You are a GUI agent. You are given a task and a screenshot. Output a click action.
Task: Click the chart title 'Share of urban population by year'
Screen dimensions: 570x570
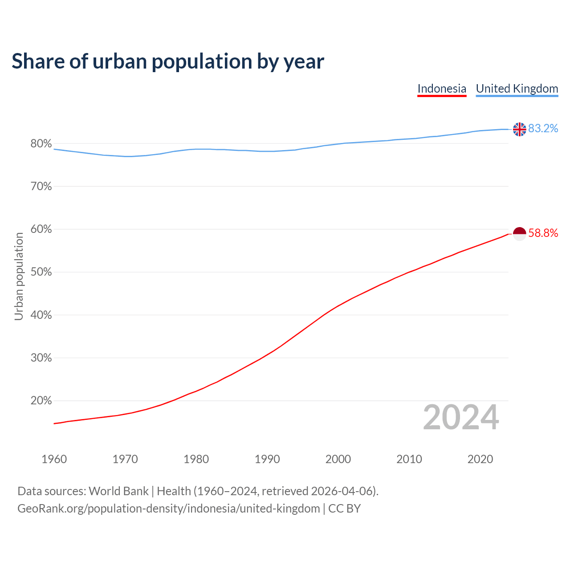[x=167, y=61]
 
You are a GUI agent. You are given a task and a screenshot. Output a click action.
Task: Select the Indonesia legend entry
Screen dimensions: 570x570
[x=442, y=89]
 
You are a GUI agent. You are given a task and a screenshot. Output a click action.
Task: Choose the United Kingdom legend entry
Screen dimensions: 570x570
[x=517, y=89]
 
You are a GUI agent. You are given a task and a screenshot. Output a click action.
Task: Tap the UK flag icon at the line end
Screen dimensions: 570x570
[x=519, y=129]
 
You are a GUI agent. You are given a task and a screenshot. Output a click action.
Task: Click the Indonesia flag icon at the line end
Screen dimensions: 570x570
[x=519, y=233]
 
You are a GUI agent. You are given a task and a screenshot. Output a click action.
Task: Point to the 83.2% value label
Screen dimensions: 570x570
[x=543, y=129]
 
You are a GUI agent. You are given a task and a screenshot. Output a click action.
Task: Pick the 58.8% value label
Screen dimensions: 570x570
[x=543, y=233]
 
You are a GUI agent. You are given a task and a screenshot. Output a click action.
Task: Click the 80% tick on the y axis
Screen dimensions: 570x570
[x=41, y=144]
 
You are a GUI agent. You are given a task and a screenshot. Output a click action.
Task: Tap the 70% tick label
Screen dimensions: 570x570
[x=41, y=187]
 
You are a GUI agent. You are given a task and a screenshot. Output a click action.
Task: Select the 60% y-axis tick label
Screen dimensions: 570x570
[x=41, y=229]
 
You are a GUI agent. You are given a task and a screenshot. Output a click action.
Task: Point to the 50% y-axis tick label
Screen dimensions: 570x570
[x=41, y=272]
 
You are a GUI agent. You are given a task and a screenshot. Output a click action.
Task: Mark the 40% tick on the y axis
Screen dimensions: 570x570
[x=41, y=315]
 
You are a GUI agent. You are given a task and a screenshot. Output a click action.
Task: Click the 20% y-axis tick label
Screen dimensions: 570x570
[x=41, y=401]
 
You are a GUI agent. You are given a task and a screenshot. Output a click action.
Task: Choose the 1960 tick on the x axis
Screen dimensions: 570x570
[x=54, y=459]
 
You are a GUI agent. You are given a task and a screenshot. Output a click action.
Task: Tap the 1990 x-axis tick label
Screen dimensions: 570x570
[x=267, y=459]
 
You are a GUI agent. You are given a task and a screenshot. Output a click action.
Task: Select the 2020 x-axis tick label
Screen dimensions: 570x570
[x=480, y=459]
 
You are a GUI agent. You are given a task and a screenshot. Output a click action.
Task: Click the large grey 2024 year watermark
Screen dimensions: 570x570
[x=460, y=417]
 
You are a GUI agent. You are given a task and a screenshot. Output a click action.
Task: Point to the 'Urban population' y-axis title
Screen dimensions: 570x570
[x=19, y=276]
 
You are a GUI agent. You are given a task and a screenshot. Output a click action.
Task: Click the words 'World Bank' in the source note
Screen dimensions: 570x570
[x=118, y=491]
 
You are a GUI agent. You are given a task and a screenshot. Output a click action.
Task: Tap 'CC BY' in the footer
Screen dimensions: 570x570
[x=344, y=509]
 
